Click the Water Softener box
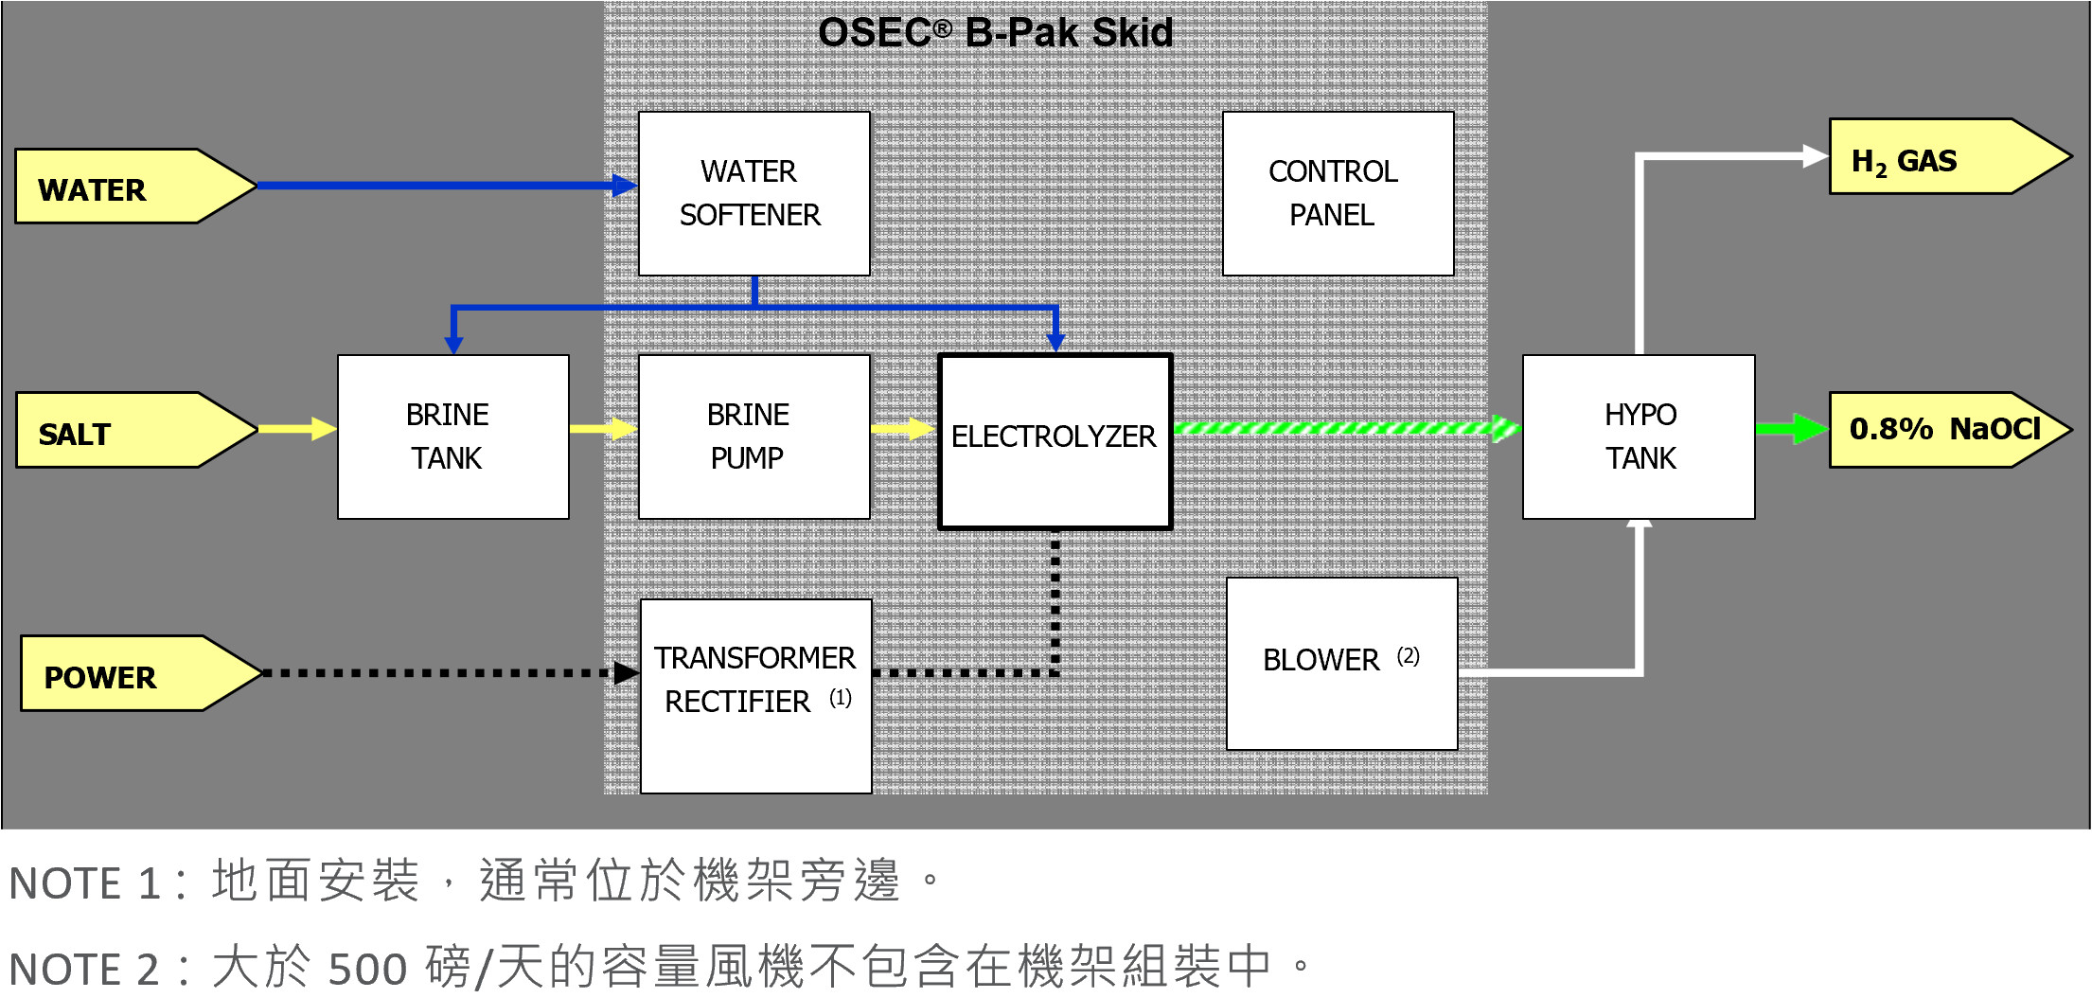753,194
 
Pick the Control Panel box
1337,194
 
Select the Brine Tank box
452,437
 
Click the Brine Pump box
753,437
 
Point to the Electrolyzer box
1055,441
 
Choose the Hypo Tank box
1639,437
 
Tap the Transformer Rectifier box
755,696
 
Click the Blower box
1341,664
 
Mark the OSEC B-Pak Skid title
995,33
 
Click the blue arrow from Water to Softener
435,186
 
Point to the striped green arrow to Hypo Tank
1344,428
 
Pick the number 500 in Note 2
367,970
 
